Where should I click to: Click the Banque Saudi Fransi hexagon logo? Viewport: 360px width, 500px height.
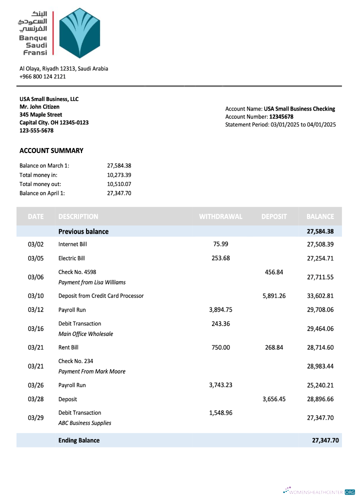click(x=80, y=33)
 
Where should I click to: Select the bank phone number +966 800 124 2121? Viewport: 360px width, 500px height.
click(x=42, y=76)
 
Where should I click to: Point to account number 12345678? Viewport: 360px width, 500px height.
click(x=281, y=116)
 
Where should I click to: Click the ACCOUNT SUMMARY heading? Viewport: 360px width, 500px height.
click(x=51, y=150)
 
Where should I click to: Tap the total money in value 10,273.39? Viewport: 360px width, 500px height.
click(x=119, y=175)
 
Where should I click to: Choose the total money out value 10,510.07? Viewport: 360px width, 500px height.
click(x=119, y=184)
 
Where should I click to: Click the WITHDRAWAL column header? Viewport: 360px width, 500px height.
click(x=220, y=216)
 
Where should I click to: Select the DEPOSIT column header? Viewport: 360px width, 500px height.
click(x=274, y=216)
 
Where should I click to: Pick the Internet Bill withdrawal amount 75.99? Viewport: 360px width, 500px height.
click(x=220, y=244)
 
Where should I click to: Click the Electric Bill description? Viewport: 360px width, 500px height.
click(x=71, y=258)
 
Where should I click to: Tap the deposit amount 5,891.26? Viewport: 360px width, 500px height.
click(x=274, y=295)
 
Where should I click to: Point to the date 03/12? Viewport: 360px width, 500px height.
click(x=36, y=309)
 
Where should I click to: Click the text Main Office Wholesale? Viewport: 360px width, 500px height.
click(x=85, y=334)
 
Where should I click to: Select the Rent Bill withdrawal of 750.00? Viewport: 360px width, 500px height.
click(x=220, y=347)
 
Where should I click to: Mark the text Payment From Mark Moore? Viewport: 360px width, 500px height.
click(x=92, y=371)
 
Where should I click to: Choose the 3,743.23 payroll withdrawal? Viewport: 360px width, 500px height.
click(x=220, y=385)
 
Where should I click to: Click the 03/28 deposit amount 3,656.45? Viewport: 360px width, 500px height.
click(x=274, y=399)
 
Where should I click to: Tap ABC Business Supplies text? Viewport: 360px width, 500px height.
click(x=84, y=423)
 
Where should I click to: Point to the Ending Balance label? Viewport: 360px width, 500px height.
click(x=79, y=440)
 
